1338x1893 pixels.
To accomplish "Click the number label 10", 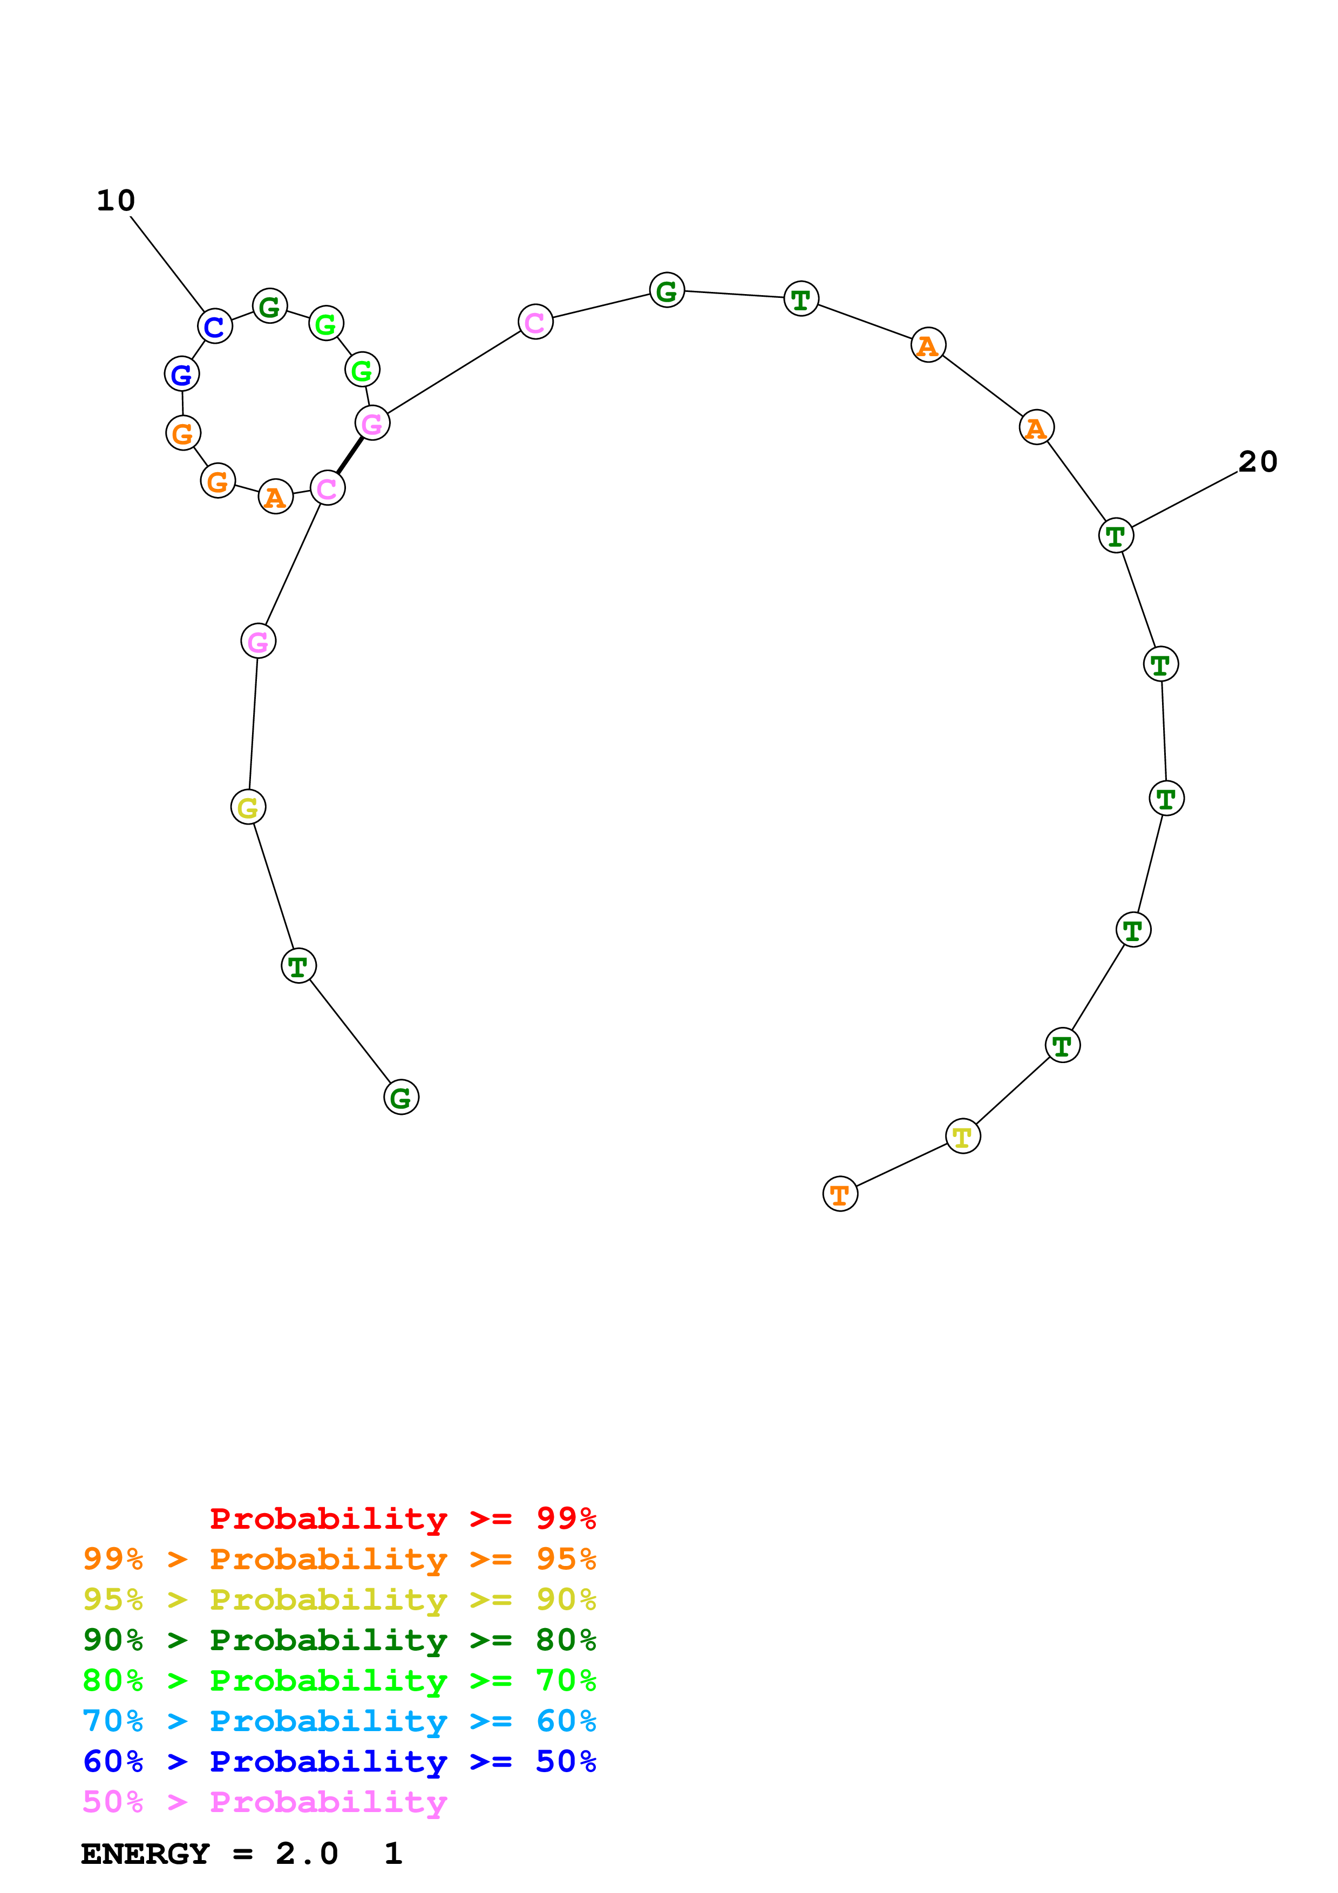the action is tap(116, 200).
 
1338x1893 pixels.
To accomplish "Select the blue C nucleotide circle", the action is tap(214, 326).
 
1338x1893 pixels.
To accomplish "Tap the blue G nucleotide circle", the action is tap(181, 374).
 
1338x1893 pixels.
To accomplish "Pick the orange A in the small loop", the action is tap(275, 496).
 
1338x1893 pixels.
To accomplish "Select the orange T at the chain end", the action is tap(840, 1194).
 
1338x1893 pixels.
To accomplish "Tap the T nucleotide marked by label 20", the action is tap(1116, 536).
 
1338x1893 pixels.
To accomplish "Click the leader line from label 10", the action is tap(167, 264).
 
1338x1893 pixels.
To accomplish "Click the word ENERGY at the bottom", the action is tap(145, 1854).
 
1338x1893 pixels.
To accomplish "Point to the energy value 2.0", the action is tap(307, 1854).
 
